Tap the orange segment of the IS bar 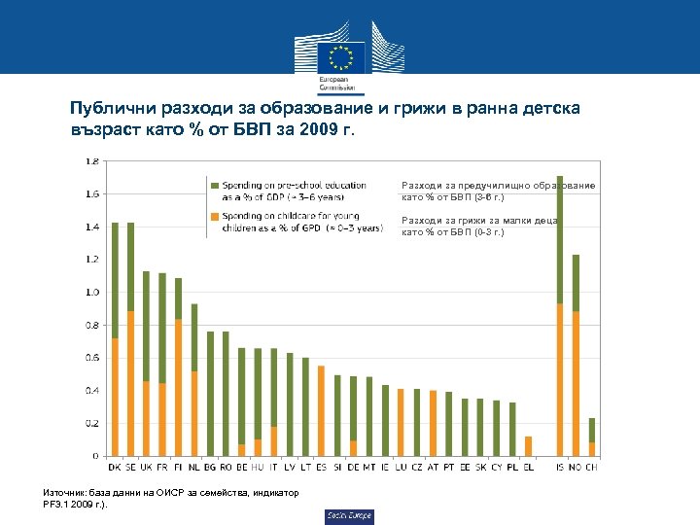pos(560,379)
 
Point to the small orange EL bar pos(528,445)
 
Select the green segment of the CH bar pos(592,430)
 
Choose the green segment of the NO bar pos(576,283)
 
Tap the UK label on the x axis pos(146,466)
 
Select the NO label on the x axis pos(577,466)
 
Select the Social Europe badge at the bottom pos(349,515)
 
